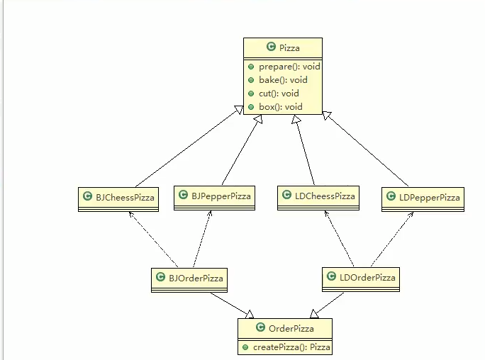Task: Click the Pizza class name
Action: [x=289, y=47]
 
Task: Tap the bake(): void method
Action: [x=278, y=80]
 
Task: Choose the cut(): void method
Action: [x=274, y=94]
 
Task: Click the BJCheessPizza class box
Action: [x=118, y=198]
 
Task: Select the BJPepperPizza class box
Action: [x=211, y=195]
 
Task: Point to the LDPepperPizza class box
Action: [x=422, y=198]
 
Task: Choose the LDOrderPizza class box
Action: [x=360, y=277]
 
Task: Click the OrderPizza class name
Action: [x=291, y=329]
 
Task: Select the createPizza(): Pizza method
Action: [x=291, y=347]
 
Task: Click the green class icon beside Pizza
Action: [x=271, y=47]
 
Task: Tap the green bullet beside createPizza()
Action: [x=245, y=347]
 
